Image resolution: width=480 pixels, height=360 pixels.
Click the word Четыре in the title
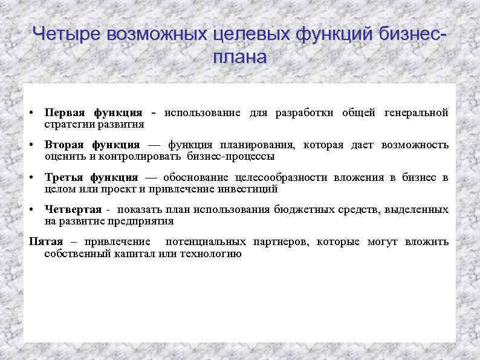pyautogui.click(x=66, y=34)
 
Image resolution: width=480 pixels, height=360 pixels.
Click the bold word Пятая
pyautogui.click(x=46, y=242)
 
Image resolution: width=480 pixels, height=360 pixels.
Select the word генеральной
pyautogui.click(x=417, y=113)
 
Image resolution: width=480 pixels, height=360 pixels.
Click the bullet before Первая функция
pyautogui.click(x=31, y=114)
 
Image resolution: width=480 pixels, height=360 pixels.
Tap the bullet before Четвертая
pyautogui.click(x=31, y=210)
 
